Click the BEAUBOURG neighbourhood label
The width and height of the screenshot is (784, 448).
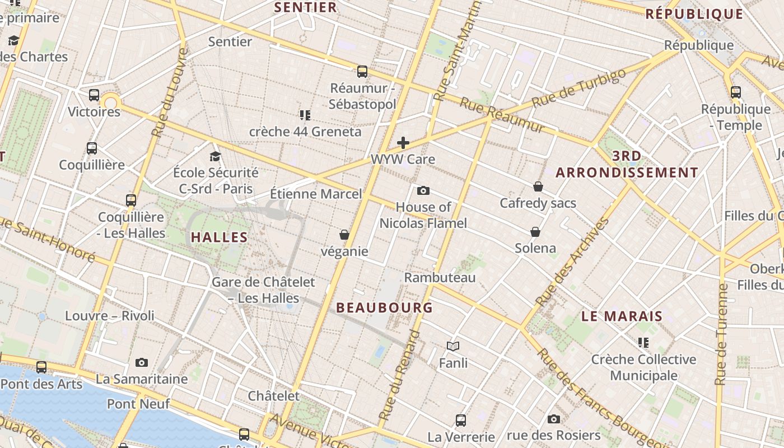pyautogui.click(x=384, y=307)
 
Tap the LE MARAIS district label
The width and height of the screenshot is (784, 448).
pyautogui.click(x=622, y=316)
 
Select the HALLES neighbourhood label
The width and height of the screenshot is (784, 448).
pyautogui.click(x=219, y=237)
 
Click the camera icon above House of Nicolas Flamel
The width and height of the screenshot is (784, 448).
pyautogui.click(x=423, y=191)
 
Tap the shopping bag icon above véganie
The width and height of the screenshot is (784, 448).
pyautogui.click(x=344, y=235)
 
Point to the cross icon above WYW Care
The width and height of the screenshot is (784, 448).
pyautogui.click(x=403, y=143)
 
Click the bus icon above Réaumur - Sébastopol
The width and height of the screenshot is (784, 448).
pyautogui.click(x=362, y=72)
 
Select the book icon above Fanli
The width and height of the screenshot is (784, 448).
pyautogui.click(x=453, y=347)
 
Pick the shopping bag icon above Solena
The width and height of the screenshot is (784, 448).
pyautogui.click(x=535, y=232)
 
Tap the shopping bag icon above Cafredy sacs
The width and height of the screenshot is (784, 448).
pyautogui.click(x=538, y=186)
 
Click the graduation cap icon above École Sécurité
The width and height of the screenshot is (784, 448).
pyautogui.click(x=215, y=156)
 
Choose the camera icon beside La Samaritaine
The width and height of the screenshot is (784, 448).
pyautogui.click(x=142, y=362)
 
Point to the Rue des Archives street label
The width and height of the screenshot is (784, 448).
pyautogui.click(x=572, y=262)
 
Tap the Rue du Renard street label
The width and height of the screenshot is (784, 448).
pyautogui.click(x=399, y=375)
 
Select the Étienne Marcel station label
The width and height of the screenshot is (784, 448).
pyautogui.click(x=316, y=194)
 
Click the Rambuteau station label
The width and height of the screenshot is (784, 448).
pyautogui.click(x=440, y=278)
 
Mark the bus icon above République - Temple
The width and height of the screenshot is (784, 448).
pyautogui.click(x=736, y=92)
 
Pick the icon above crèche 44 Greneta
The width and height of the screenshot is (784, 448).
pyautogui.click(x=305, y=115)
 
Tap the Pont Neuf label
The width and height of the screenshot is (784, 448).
pyautogui.click(x=138, y=404)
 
